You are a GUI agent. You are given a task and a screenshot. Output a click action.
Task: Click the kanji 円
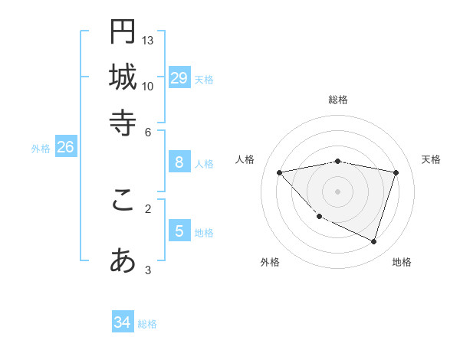pyautogui.click(x=123, y=32)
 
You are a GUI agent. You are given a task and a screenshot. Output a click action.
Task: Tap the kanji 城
pyautogui.click(x=123, y=77)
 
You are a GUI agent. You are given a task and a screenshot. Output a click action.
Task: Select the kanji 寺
pyautogui.click(x=123, y=123)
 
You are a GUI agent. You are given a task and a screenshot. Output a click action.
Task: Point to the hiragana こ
pyautogui.click(x=123, y=200)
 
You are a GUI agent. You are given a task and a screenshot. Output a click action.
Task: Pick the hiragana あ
pyautogui.click(x=123, y=261)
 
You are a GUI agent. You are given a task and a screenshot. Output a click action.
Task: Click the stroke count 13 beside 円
pyautogui.click(x=148, y=40)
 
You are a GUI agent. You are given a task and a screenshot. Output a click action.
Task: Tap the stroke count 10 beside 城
pyautogui.click(x=148, y=86)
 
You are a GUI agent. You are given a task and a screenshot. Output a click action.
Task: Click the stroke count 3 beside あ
pyautogui.click(x=148, y=270)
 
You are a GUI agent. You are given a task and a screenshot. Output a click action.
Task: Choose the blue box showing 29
pyautogui.click(x=179, y=77)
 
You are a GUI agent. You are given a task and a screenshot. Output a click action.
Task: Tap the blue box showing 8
pyautogui.click(x=179, y=162)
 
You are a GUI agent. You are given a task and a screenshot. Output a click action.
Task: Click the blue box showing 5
pyautogui.click(x=179, y=231)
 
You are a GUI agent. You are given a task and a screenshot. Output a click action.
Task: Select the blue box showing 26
pyautogui.click(x=65, y=147)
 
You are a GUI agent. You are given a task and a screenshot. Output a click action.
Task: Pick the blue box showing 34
pyautogui.click(x=122, y=322)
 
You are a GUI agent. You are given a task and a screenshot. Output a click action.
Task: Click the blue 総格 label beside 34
pyautogui.click(x=147, y=324)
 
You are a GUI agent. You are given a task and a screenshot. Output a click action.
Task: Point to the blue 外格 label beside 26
pyautogui.click(x=41, y=149)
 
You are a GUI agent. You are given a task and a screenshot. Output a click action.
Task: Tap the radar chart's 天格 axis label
pyautogui.click(x=431, y=159)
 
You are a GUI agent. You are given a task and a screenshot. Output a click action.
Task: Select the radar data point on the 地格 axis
pyautogui.click(x=373, y=241)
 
